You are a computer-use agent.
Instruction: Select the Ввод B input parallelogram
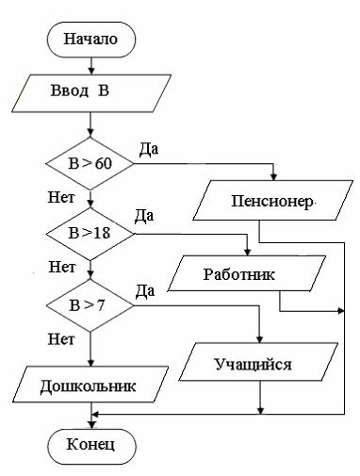pos(90,94)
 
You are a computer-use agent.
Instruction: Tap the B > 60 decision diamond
pos(90,164)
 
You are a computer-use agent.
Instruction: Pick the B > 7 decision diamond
pos(90,304)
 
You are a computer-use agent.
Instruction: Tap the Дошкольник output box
pos(89,386)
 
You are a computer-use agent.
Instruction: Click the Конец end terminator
pos(90,443)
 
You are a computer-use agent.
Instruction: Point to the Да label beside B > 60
pos(148,148)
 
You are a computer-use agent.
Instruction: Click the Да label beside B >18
pos(145,217)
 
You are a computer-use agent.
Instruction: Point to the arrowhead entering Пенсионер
pos(273,183)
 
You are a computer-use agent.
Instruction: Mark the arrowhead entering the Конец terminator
pos(90,423)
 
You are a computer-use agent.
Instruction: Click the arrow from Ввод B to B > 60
pos(90,126)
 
